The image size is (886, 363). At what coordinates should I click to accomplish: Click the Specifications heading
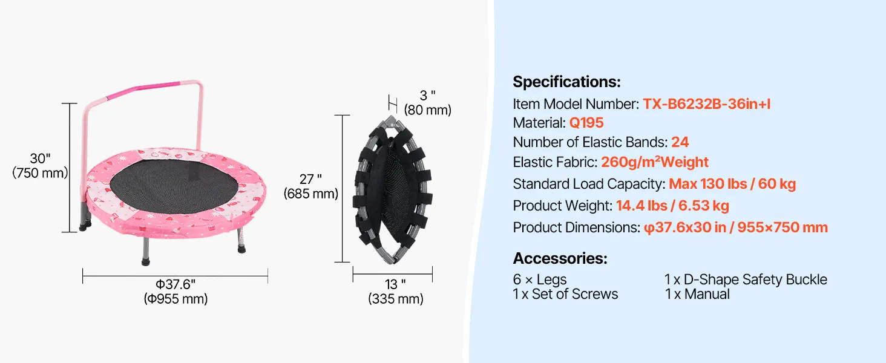coord(566,82)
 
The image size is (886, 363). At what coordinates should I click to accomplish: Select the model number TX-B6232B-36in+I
coord(706,104)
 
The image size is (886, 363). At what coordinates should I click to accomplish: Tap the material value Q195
coord(586,123)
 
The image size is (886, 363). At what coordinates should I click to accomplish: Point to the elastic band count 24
coord(680,142)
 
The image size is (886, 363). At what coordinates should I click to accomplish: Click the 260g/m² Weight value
coord(655,162)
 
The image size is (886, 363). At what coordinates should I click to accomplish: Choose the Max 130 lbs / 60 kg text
coord(732,184)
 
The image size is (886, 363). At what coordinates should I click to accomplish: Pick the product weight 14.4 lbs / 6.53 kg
coord(672,206)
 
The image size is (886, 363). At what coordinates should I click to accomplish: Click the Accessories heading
coord(560,258)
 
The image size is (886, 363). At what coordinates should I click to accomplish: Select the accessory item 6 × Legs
coord(539,280)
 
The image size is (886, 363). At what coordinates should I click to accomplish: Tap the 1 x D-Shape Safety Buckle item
coord(746,280)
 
